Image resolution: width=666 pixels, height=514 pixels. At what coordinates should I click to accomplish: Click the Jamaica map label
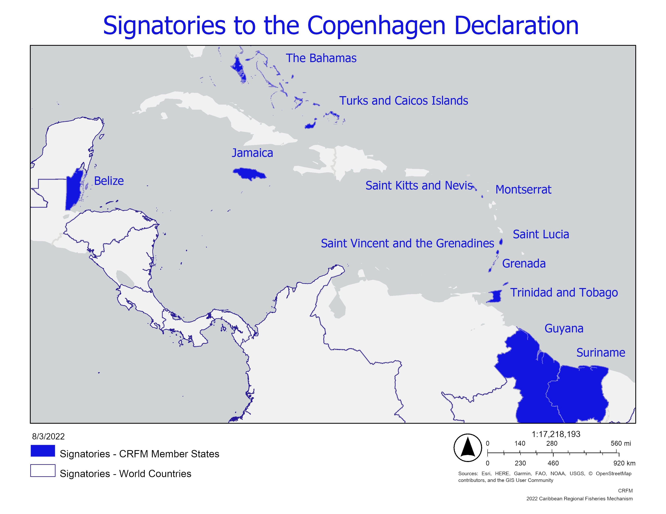click(x=252, y=153)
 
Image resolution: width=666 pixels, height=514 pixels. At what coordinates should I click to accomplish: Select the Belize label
click(x=109, y=181)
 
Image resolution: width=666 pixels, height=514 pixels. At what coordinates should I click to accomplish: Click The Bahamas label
click(x=321, y=58)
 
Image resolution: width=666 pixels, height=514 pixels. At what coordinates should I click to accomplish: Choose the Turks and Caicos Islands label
click(x=403, y=101)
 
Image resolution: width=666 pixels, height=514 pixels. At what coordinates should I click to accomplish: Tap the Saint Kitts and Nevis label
click(x=419, y=185)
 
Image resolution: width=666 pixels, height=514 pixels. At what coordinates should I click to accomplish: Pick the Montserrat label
click(x=523, y=190)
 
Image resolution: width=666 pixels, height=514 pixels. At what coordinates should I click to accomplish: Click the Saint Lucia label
click(x=541, y=234)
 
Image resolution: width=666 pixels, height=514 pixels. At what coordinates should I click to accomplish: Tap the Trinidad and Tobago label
click(x=564, y=293)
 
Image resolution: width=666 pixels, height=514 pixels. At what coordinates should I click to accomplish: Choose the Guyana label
click(x=564, y=329)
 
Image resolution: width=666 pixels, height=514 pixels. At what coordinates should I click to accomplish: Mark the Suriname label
click(x=600, y=353)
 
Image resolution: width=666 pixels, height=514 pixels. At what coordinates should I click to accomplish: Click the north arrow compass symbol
click(x=467, y=448)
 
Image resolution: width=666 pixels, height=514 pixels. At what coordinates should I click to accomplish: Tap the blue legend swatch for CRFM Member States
click(x=43, y=451)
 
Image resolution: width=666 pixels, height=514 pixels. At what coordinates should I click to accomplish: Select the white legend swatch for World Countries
click(x=43, y=470)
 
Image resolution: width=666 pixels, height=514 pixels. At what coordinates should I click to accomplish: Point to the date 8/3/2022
click(x=48, y=437)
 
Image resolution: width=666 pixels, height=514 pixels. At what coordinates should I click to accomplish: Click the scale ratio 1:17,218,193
click(x=556, y=434)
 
